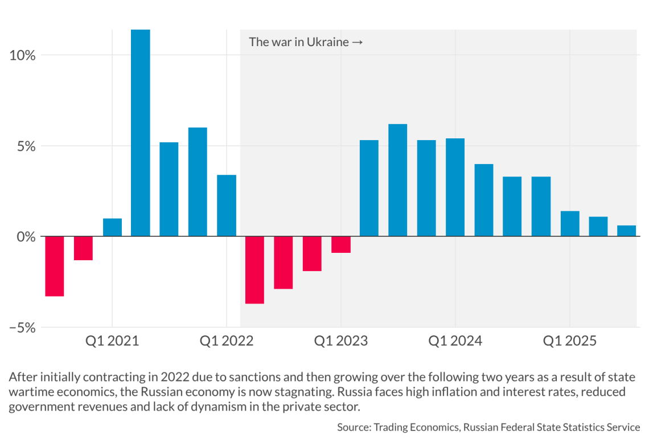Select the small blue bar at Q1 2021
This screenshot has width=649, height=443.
click(112, 227)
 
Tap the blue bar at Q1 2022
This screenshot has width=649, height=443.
click(227, 206)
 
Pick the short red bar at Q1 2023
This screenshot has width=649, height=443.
click(341, 244)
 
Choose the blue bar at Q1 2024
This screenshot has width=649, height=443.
click(455, 187)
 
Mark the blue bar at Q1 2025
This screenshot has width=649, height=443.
click(569, 223)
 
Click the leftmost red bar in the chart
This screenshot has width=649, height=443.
click(55, 266)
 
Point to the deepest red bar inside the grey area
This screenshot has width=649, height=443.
click(254, 270)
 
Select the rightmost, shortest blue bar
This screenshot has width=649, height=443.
click(627, 231)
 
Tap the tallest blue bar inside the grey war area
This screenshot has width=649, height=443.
click(397, 180)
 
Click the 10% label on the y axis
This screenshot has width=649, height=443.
click(22, 56)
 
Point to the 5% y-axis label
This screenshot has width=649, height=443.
click(26, 146)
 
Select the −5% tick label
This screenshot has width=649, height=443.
click(22, 327)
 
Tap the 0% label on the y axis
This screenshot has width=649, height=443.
click(26, 237)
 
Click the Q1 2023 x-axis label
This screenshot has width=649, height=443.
click(341, 341)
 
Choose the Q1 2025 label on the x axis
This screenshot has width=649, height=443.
click(569, 341)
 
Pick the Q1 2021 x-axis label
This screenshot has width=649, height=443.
click(112, 341)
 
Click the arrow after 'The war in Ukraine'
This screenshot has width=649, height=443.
click(358, 42)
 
